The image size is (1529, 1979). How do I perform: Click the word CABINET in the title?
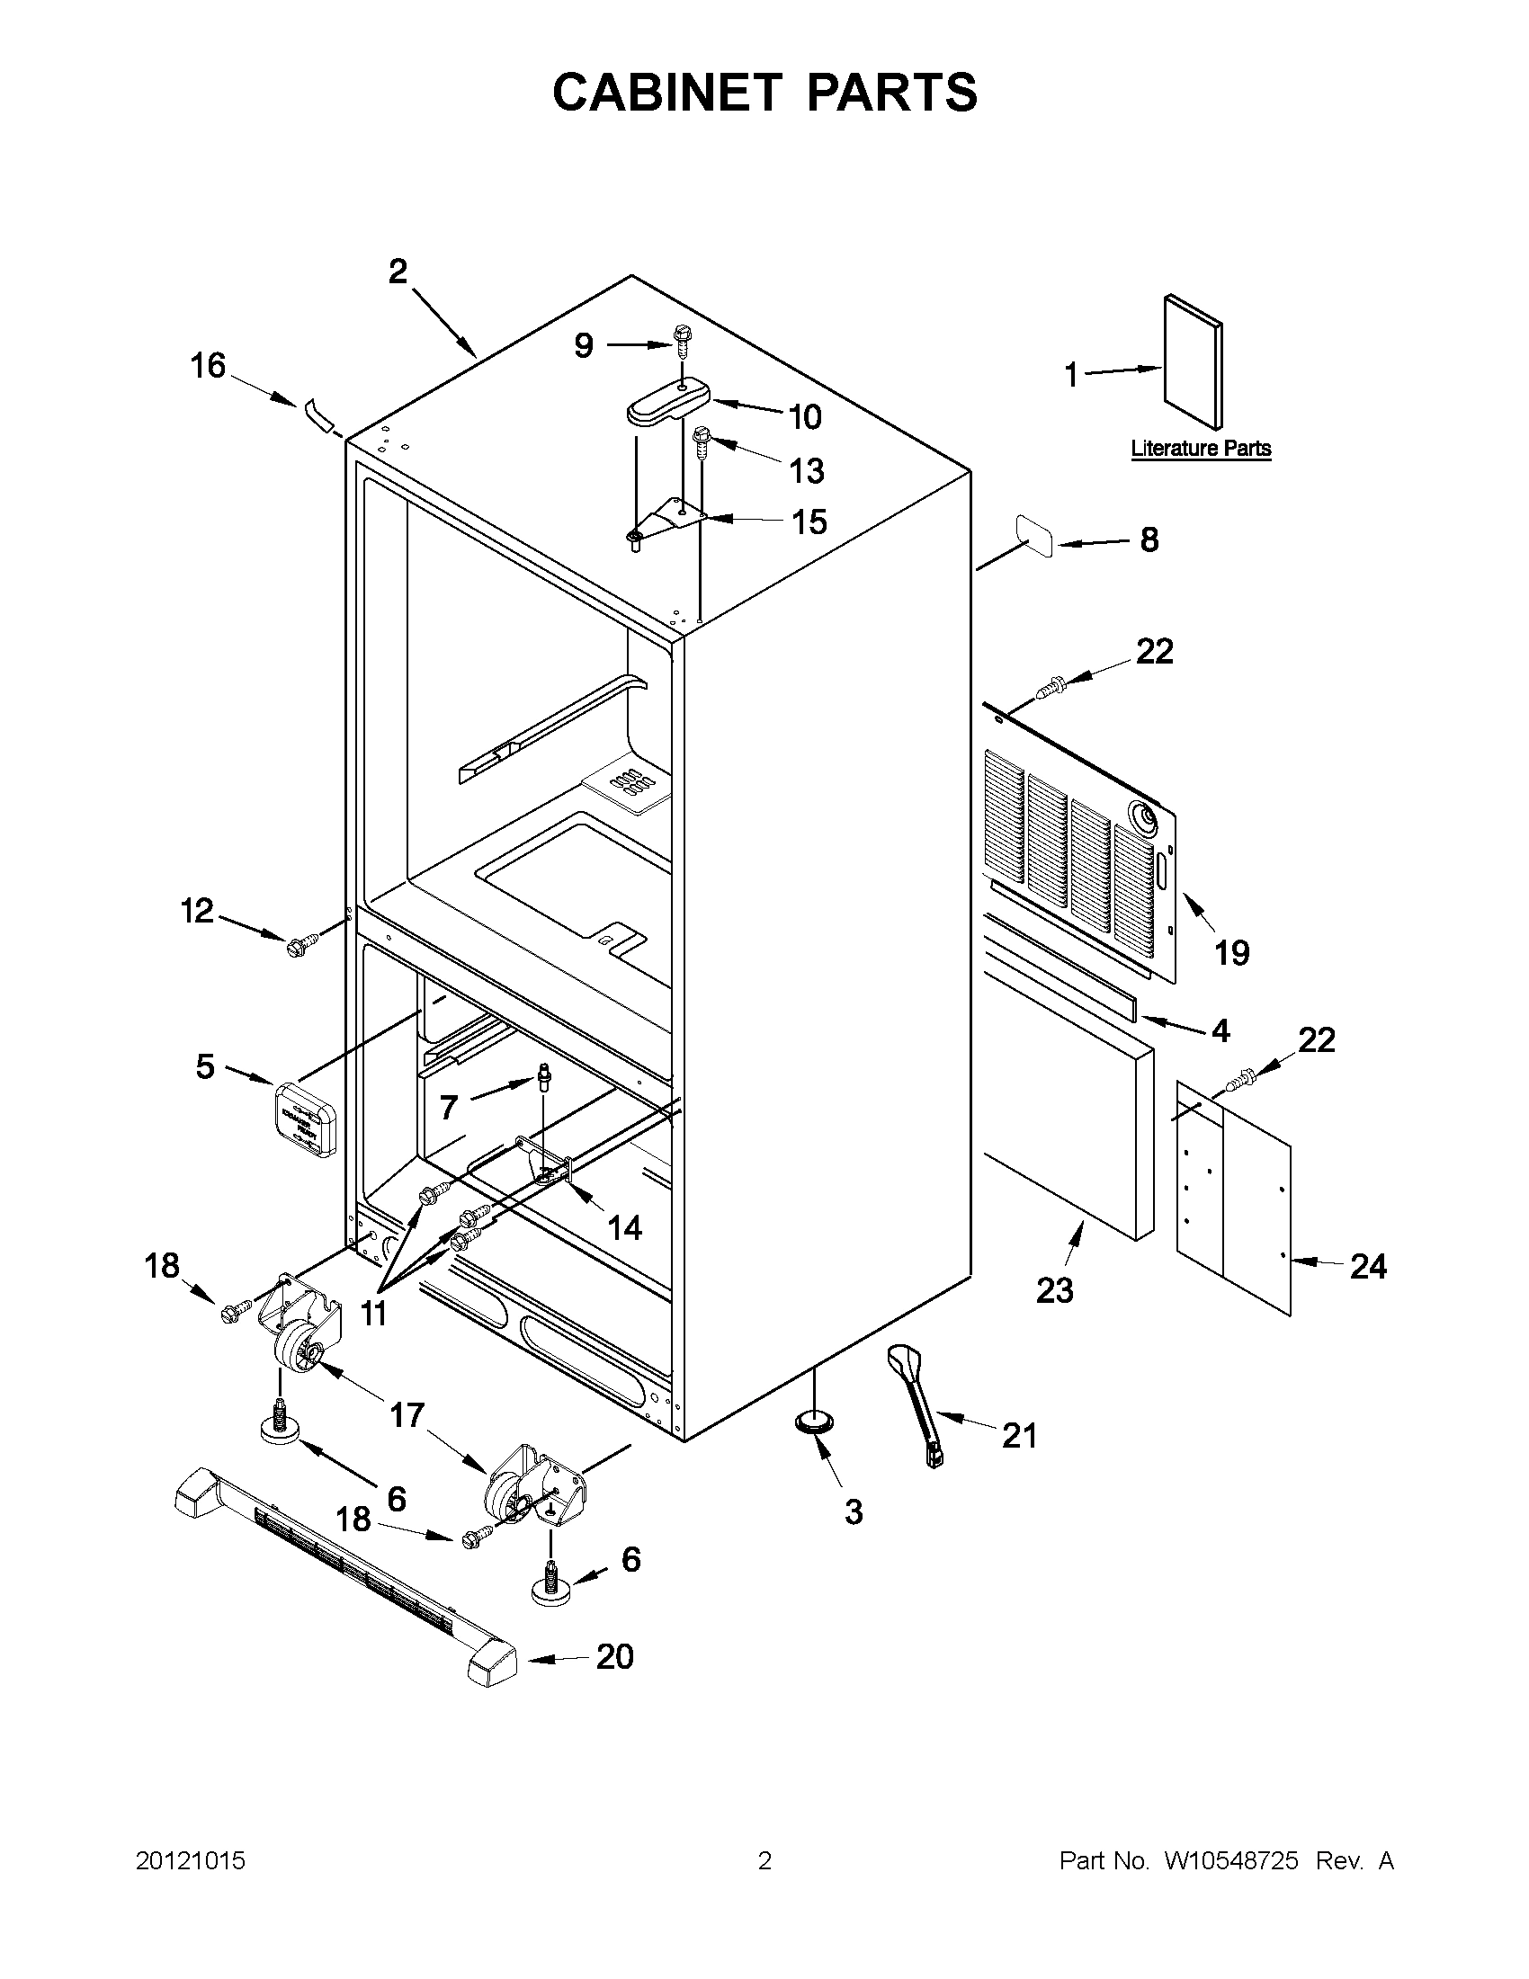(x=666, y=93)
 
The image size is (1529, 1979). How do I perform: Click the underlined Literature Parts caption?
(x=1200, y=449)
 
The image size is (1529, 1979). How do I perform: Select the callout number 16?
(x=208, y=366)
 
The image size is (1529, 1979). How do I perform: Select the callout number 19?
(x=1231, y=952)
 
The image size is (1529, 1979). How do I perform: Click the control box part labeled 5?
(x=307, y=1119)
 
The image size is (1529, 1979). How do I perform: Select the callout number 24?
(x=1368, y=1266)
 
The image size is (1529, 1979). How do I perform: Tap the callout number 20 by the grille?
(x=614, y=1657)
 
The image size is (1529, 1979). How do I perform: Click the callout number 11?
(x=373, y=1313)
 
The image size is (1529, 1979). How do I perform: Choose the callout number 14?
(x=624, y=1228)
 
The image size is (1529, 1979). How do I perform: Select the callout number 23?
(x=1055, y=1290)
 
